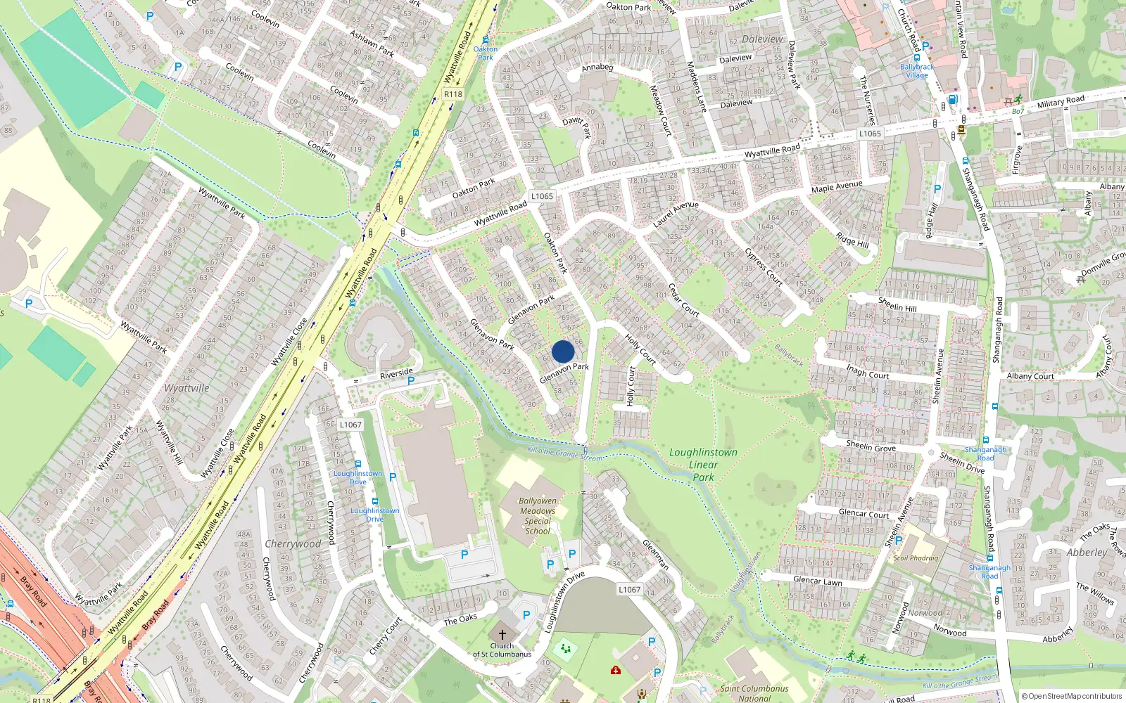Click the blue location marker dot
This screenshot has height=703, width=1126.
tap(563, 351)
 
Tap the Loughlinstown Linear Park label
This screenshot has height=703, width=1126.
tap(703, 465)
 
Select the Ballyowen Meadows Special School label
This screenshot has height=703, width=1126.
tap(538, 516)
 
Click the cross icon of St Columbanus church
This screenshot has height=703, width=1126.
tap(502, 634)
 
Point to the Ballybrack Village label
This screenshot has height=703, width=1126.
tap(917, 71)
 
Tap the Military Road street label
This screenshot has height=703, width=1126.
tap(1061, 102)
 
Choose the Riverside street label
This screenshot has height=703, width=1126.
tap(396, 373)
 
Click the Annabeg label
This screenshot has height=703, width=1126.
tap(597, 67)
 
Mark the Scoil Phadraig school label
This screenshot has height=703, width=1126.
tap(916, 558)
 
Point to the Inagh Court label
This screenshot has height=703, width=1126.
tap(867, 371)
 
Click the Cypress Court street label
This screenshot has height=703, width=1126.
tap(764, 265)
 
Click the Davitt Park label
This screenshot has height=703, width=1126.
tap(577, 125)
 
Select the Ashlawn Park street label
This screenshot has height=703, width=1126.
tap(372, 43)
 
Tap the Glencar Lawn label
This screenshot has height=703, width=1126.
tap(817, 581)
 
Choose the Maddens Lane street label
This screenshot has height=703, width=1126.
tap(696, 87)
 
